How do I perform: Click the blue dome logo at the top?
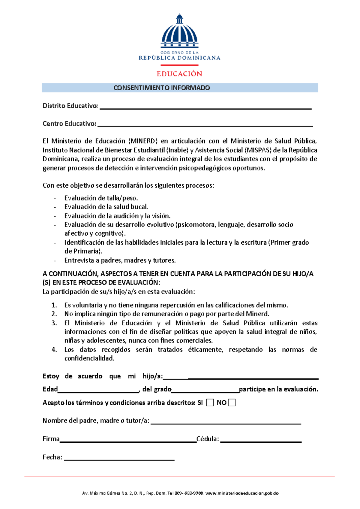(179, 32)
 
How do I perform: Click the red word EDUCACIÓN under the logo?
(179, 74)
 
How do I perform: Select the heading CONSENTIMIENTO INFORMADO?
(162, 88)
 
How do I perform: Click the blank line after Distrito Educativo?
(205, 107)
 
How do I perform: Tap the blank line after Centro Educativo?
(205, 125)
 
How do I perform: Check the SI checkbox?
(210, 403)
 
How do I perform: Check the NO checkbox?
(232, 403)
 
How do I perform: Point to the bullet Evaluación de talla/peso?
(101, 198)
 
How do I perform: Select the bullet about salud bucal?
(106, 207)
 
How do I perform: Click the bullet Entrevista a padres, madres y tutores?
(120, 260)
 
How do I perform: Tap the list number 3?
(54, 323)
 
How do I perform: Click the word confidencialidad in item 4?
(89, 358)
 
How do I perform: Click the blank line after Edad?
(98, 391)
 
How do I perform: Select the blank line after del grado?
(205, 391)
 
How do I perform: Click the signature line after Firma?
(128, 441)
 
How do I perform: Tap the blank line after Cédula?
(261, 441)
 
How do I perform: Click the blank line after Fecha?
(119, 459)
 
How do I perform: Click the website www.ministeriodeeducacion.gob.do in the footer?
(242, 493)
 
